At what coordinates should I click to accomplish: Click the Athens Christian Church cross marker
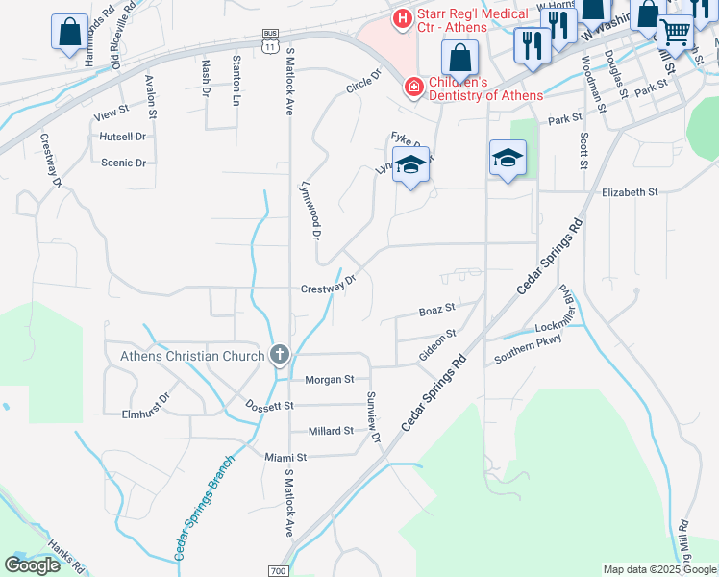tap(279, 356)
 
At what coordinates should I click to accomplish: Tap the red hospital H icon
tap(402, 17)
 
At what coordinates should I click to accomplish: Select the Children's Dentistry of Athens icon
tap(413, 88)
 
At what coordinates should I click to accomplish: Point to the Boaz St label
tap(436, 311)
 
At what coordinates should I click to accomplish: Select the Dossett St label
tap(268, 407)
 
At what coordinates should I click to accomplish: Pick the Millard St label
tap(331, 431)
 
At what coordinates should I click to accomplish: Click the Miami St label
tap(285, 458)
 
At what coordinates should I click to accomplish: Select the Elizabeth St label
tap(630, 192)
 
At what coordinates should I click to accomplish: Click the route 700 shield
tap(279, 570)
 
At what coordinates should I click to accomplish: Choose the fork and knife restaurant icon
tap(531, 44)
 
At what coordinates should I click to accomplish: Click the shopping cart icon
tap(675, 32)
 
